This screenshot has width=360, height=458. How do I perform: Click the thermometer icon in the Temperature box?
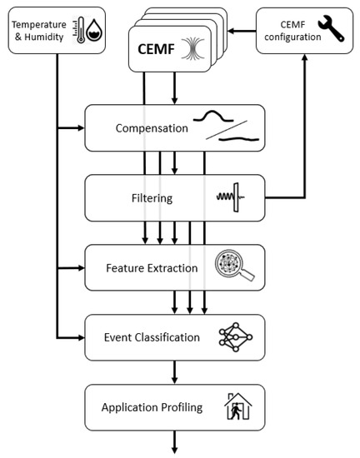coord(78,27)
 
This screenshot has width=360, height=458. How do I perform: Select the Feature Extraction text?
coord(152,268)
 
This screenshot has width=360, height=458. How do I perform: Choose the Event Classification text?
coord(152,337)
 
